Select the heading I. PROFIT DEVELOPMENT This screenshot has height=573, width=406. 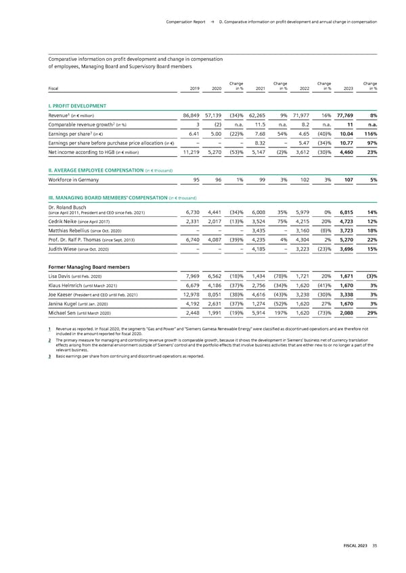pos(77,106)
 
